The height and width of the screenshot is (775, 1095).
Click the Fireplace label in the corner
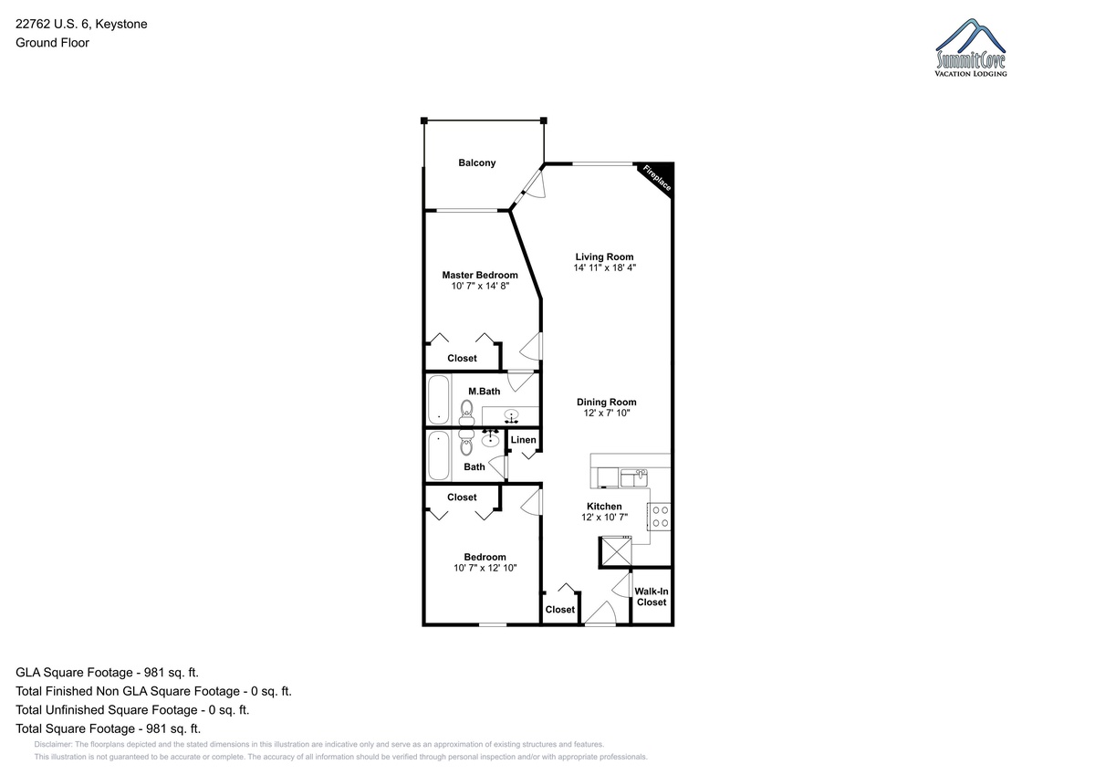[x=656, y=178]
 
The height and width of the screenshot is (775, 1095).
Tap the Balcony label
[x=476, y=162]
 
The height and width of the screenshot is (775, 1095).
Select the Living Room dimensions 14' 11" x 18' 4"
[x=604, y=267]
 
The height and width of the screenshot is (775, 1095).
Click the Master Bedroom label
[x=480, y=275]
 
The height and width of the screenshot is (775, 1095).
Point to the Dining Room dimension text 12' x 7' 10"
[x=606, y=413]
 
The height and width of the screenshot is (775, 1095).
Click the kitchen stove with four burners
[x=659, y=517]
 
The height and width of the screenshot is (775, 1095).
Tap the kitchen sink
[x=634, y=477]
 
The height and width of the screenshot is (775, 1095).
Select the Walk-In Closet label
[x=652, y=596]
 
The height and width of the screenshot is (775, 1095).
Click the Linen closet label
[x=523, y=440]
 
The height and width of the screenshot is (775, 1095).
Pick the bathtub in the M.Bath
[x=439, y=399]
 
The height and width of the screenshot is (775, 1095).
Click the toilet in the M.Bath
[x=466, y=413]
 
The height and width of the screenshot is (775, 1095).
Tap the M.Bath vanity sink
[x=511, y=415]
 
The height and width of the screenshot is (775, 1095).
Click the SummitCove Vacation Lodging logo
[x=970, y=47]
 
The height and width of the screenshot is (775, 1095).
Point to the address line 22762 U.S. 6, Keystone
[x=81, y=24]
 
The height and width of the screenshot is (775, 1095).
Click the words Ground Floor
[x=52, y=43]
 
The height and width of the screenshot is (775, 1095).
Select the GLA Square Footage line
[x=107, y=673]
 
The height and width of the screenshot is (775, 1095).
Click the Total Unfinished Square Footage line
[x=132, y=709]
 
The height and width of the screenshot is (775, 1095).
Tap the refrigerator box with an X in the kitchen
[x=616, y=551]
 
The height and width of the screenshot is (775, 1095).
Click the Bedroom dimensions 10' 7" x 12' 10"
[x=485, y=568]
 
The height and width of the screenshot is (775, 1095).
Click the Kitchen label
[x=604, y=506]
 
